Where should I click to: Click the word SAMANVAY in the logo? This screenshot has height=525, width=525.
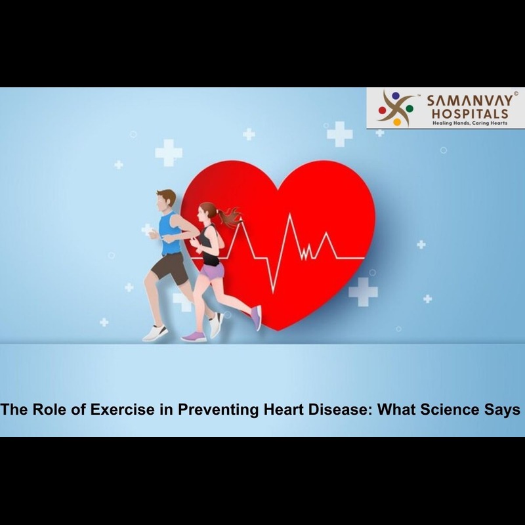[469, 101]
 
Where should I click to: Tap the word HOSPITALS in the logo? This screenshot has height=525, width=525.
[470, 114]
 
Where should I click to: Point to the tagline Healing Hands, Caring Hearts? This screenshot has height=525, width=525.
[470, 123]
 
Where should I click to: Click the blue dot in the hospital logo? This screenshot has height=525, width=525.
[396, 96]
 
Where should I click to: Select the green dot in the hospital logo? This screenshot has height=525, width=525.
[409, 108]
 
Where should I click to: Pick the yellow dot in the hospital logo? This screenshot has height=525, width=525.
[397, 122]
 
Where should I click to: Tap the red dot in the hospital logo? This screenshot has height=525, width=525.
[383, 110]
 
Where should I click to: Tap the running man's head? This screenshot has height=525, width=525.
[165, 200]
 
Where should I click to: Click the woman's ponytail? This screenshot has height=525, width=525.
[229, 217]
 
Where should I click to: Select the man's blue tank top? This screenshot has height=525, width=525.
[171, 234]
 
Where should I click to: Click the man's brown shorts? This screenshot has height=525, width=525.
[171, 268]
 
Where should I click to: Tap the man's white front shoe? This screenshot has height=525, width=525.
[155, 333]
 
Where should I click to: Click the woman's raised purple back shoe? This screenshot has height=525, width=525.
[257, 318]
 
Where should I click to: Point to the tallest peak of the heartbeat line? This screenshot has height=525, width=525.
[289, 214]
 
